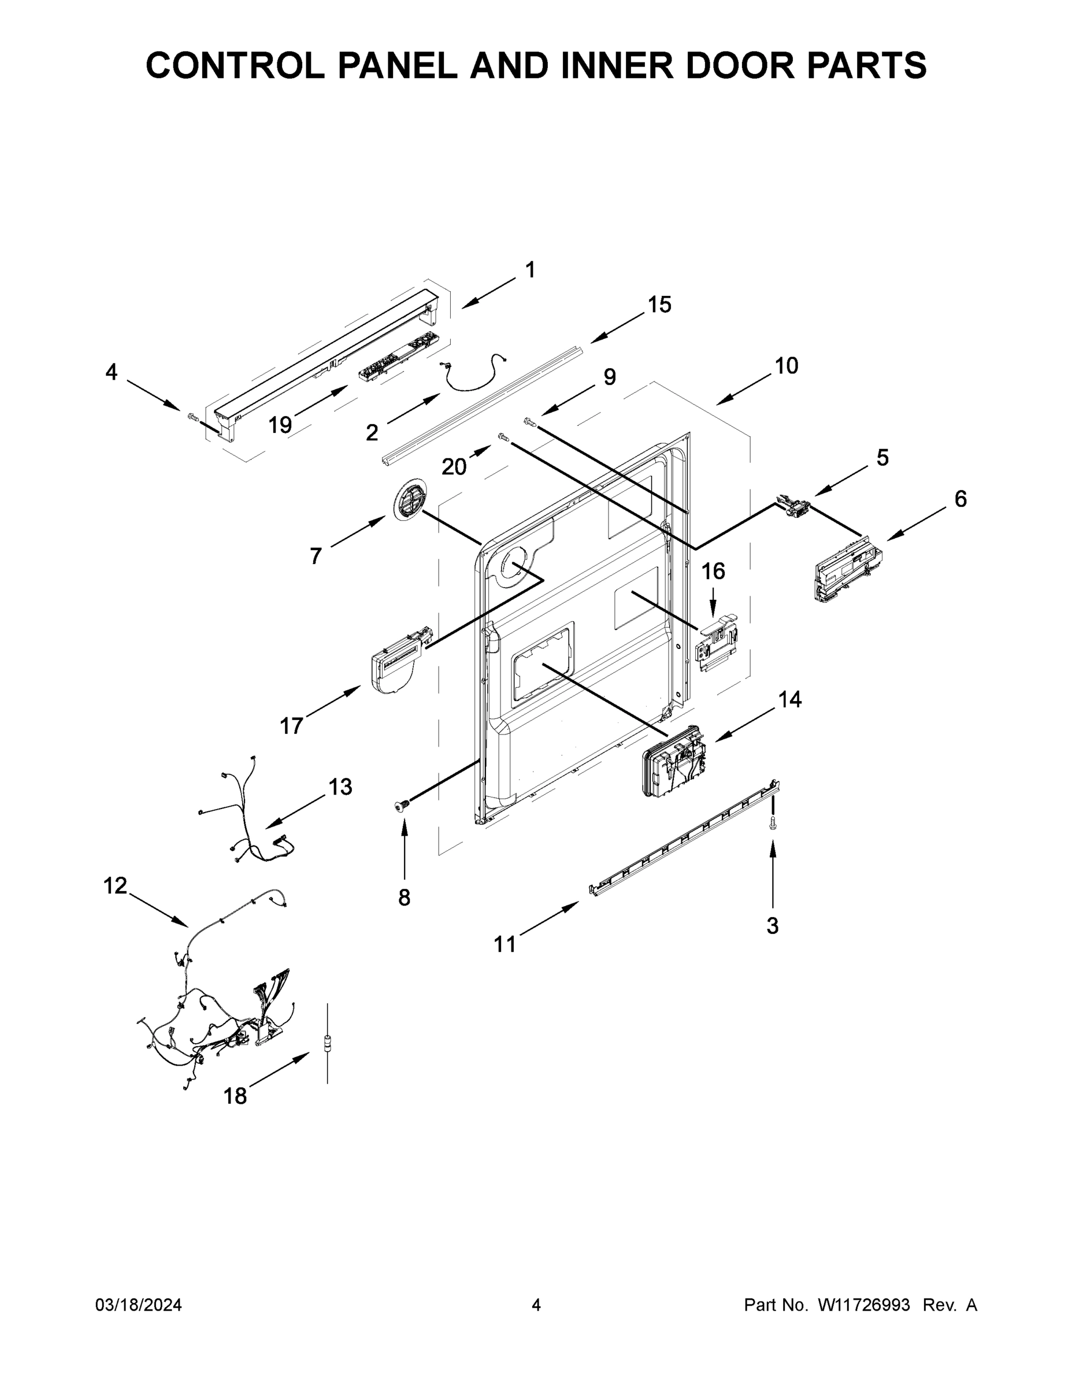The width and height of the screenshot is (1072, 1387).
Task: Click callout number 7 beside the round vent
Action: (316, 557)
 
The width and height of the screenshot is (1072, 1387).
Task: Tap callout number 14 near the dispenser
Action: (790, 699)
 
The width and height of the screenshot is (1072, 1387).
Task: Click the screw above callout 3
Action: (772, 822)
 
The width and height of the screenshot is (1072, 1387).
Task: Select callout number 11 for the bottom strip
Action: (505, 944)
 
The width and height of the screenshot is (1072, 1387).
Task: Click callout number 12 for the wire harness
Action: (115, 885)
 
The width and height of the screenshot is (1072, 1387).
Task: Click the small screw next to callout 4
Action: (193, 417)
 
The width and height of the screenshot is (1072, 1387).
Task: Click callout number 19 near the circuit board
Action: (280, 424)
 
